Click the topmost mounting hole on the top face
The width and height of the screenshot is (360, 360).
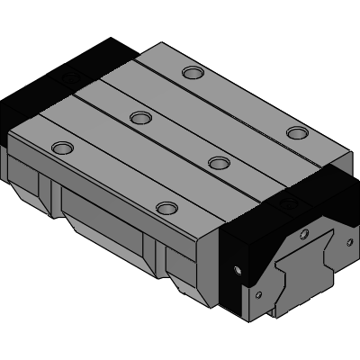tap(191, 72)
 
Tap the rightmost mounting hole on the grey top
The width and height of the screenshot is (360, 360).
tap(296, 133)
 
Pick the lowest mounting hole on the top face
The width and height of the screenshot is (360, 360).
tap(166, 208)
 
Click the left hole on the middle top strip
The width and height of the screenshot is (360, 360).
tap(139, 117)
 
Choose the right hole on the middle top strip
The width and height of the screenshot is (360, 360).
tap(217, 162)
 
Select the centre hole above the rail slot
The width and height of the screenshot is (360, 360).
tap(303, 235)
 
